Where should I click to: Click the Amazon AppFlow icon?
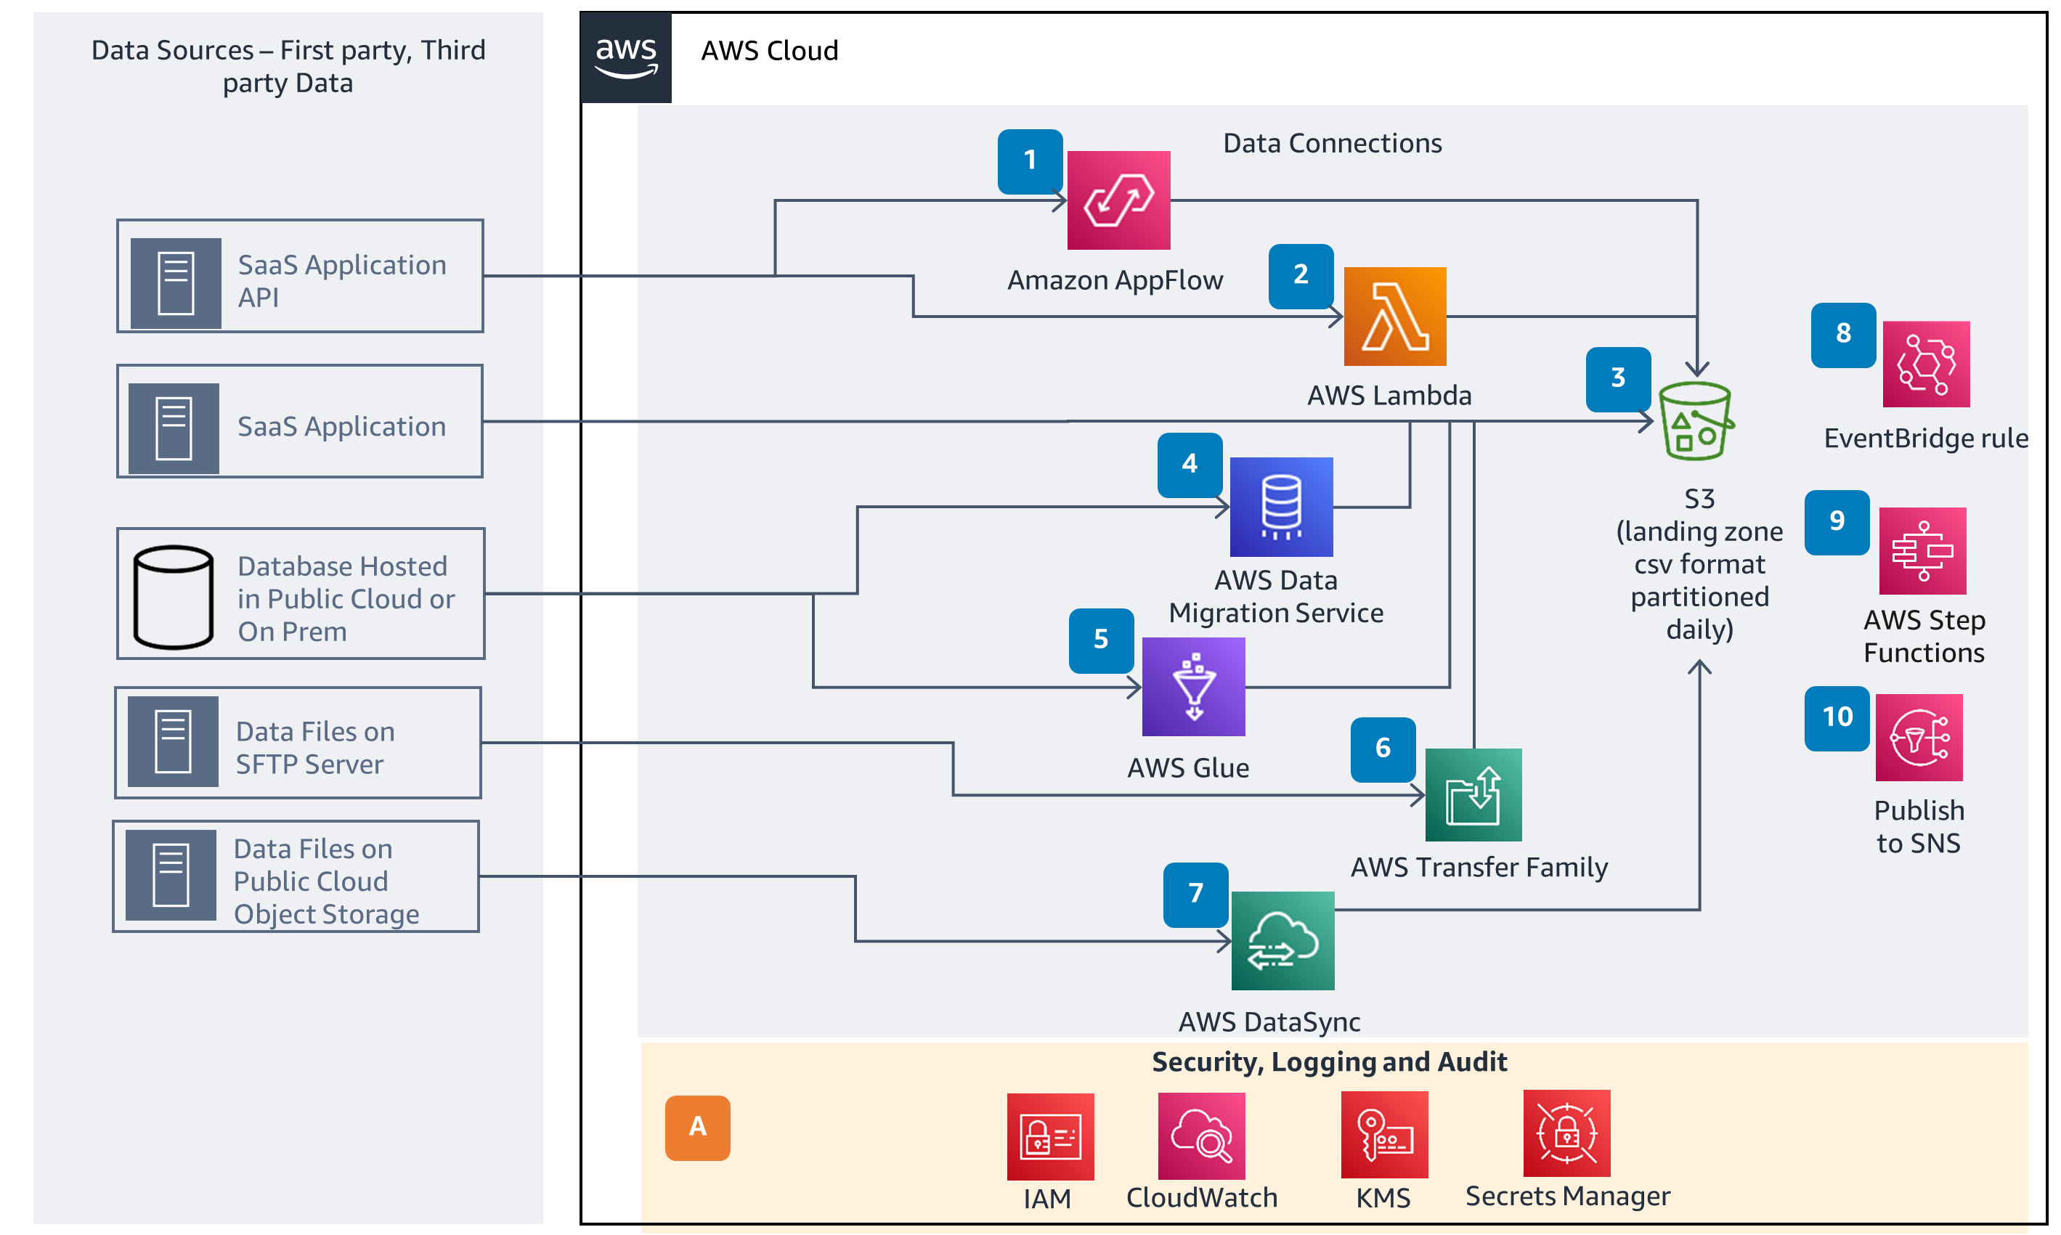click(x=1118, y=200)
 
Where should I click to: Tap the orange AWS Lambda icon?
click(x=1394, y=317)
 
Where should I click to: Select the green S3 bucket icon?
click(x=1695, y=421)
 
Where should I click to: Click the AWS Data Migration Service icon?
click(x=1280, y=507)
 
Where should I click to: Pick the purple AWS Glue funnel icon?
click(x=1193, y=687)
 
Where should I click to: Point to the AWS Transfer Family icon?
click(x=1473, y=795)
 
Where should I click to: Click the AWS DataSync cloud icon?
click(x=1282, y=940)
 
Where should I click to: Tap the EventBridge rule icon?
click(x=1925, y=364)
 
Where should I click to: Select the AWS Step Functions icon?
click(x=1922, y=551)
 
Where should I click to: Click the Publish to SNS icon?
click(x=1918, y=738)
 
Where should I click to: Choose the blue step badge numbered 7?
click(x=1195, y=894)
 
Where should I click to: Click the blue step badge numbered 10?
click(x=1837, y=718)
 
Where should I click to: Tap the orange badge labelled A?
click(x=698, y=1128)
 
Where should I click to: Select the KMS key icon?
click(x=1383, y=1134)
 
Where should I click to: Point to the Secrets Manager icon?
click(x=1566, y=1133)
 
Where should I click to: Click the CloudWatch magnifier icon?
click(x=1200, y=1136)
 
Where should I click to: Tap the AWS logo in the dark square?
click(x=626, y=57)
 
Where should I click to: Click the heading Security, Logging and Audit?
click(x=1328, y=1062)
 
